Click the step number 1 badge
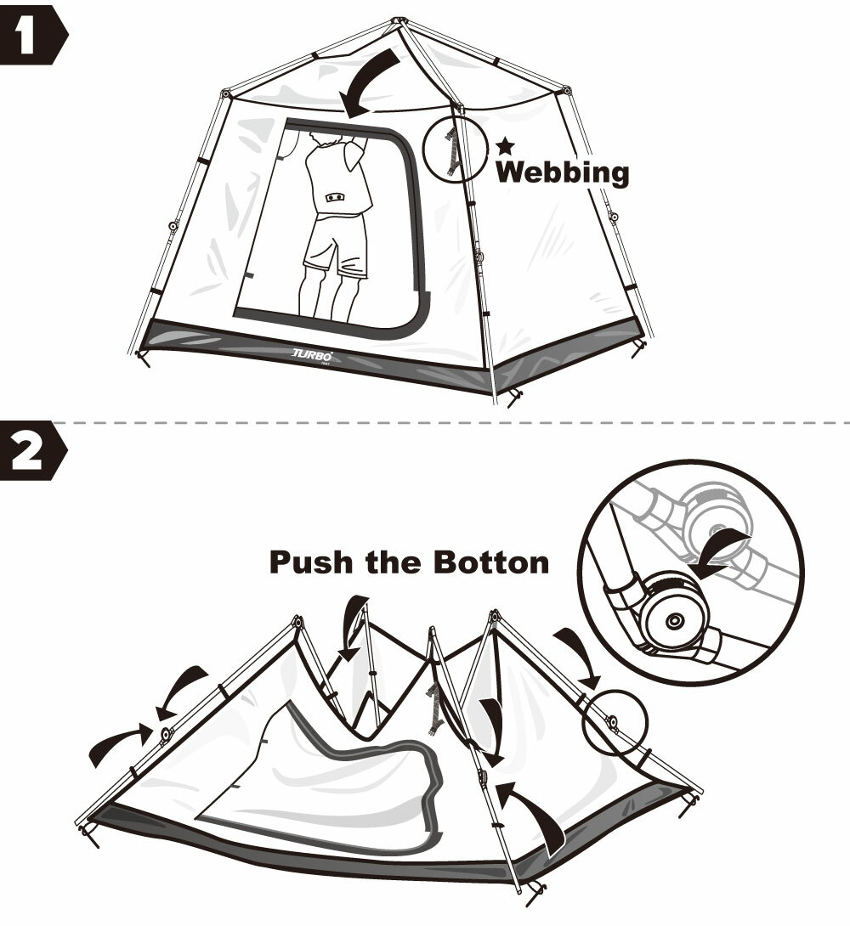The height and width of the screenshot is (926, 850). click(x=32, y=35)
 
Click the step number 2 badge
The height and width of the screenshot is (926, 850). click(x=32, y=450)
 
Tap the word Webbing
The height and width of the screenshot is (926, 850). click(x=563, y=172)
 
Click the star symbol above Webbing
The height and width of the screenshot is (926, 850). click(x=505, y=146)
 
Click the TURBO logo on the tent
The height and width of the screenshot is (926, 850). click(x=313, y=355)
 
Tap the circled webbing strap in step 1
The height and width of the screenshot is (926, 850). click(x=452, y=151)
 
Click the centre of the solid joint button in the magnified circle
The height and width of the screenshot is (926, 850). click(x=673, y=621)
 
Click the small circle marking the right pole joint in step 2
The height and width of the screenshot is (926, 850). click(x=615, y=721)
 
